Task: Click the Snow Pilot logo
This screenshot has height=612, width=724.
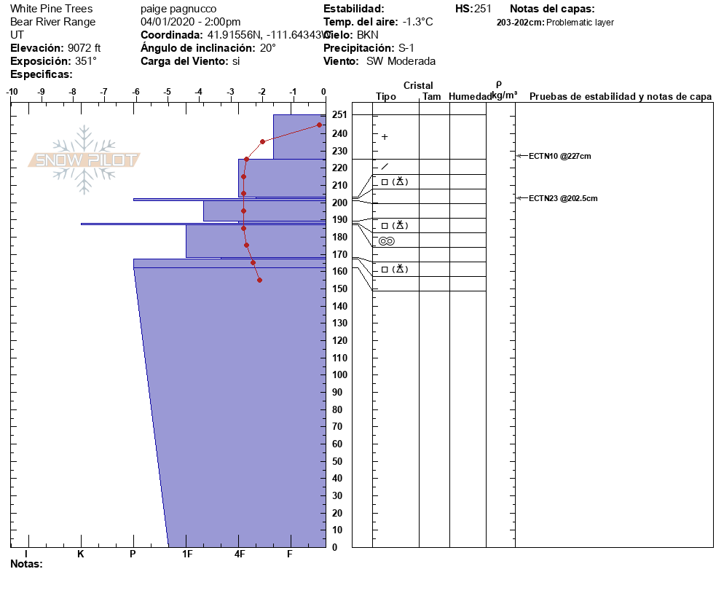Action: (84, 160)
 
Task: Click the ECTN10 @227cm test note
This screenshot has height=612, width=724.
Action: (559, 156)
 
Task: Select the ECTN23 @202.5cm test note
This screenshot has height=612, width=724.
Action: (562, 198)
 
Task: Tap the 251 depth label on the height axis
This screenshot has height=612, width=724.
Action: (339, 115)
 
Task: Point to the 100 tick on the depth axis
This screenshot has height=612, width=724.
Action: (339, 374)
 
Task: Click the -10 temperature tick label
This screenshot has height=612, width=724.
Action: (12, 92)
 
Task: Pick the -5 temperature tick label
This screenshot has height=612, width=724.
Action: (168, 92)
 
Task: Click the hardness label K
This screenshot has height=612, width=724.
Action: (81, 554)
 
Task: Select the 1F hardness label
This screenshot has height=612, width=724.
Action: (186, 554)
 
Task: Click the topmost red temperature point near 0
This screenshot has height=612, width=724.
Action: (319, 125)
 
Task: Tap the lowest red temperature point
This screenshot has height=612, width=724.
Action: (259, 280)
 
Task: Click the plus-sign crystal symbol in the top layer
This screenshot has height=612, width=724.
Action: (385, 137)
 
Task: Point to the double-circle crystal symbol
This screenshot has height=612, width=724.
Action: (386, 241)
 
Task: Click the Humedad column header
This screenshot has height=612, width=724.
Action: (470, 97)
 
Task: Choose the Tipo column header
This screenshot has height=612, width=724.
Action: (386, 97)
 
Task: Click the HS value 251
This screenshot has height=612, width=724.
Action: (483, 9)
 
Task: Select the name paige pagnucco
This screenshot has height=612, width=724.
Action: (178, 9)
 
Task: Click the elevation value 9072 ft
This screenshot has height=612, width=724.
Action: (84, 48)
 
